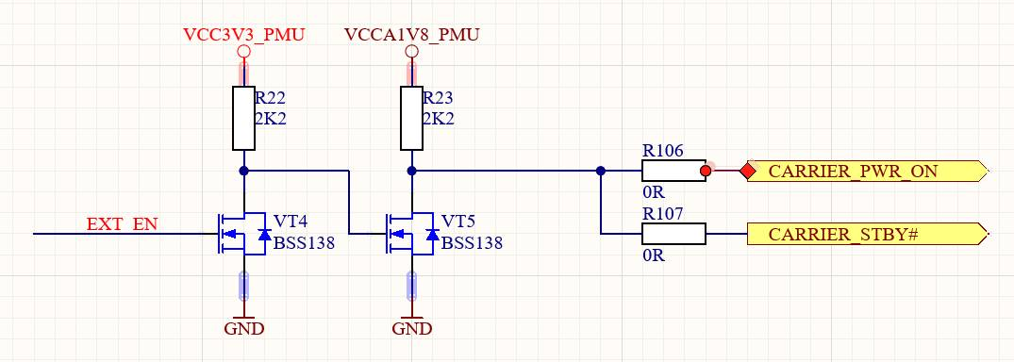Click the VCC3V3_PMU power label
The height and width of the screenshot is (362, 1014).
[243, 34]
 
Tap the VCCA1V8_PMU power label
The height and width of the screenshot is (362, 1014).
[412, 34]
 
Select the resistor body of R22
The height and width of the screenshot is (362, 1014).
[243, 119]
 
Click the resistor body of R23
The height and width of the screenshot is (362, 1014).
[412, 119]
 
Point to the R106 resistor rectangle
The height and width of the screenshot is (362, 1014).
[673, 172]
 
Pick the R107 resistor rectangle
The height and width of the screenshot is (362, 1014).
[673, 234]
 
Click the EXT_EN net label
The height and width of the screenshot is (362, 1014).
[123, 224]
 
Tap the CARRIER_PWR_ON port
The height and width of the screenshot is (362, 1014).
[868, 172]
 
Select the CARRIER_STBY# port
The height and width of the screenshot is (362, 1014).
[868, 234]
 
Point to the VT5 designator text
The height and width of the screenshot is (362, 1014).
[457, 222]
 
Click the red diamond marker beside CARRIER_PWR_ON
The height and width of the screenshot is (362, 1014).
[748, 172]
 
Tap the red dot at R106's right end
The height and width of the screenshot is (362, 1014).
[706, 172]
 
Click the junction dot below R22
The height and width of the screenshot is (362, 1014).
[243, 171]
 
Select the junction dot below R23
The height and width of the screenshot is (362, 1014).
[412, 171]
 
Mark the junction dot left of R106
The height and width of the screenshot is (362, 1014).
[601, 171]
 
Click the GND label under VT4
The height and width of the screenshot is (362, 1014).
[243, 328]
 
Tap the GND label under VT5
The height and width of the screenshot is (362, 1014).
[412, 328]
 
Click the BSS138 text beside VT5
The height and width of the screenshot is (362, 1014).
[472, 244]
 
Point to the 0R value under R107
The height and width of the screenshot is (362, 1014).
[654, 255]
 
